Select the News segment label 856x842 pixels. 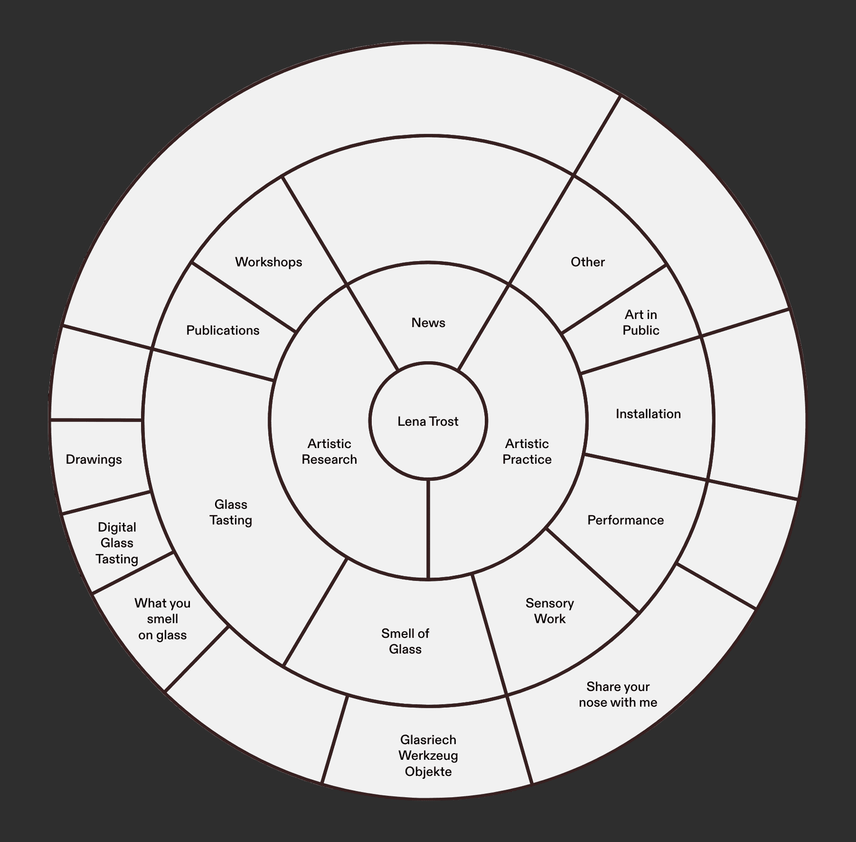(428, 323)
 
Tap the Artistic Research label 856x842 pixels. (329, 451)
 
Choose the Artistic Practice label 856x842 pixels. (527, 451)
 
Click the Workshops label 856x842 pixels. (268, 262)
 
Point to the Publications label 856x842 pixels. (223, 330)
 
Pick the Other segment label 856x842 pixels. (587, 262)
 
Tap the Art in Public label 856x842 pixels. (641, 322)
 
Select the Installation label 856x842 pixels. (648, 414)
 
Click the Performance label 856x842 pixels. (625, 520)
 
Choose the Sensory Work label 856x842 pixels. (549, 611)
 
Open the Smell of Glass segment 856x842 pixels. (405, 641)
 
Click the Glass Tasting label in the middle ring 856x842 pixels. (231, 512)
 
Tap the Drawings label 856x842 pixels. (94, 460)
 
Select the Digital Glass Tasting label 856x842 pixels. (117, 543)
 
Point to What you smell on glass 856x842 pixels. (162, 619)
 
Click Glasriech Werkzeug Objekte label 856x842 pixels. (428, 755)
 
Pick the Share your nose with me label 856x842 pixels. (618, 694)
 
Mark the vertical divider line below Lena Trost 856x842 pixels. (428, 528)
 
